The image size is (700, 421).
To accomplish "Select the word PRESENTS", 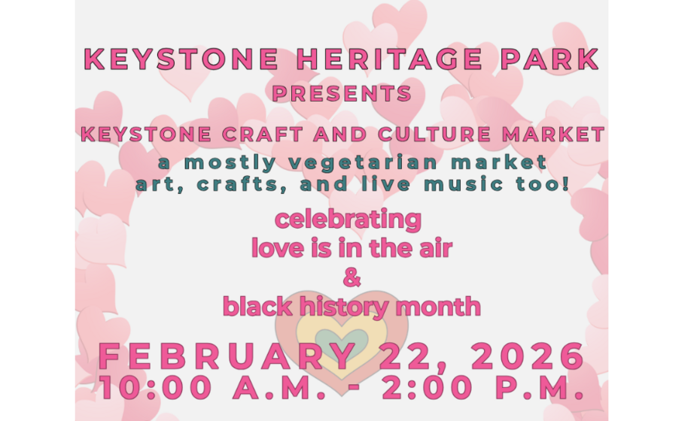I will pos(342,94).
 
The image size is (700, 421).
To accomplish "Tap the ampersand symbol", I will pos(351,277).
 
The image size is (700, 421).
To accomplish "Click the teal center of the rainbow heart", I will pos(342,338).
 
